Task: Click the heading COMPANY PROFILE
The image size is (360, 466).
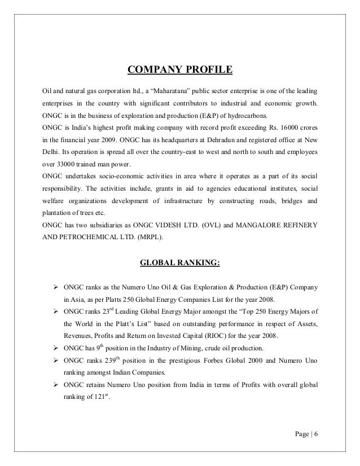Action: (x=179, y=71)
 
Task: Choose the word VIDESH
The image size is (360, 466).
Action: (x=166, y=225)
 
